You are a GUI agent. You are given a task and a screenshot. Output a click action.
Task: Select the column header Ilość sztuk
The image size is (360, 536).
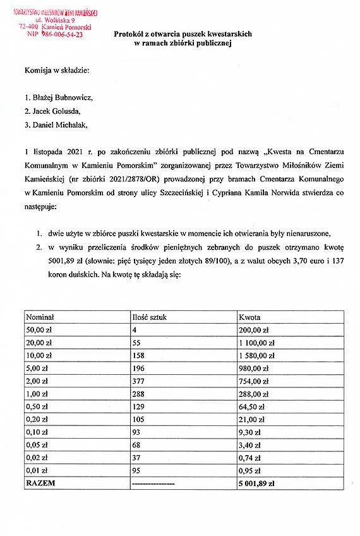(148, 317)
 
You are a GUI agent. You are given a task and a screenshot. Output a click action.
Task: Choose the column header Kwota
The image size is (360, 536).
(249, 317)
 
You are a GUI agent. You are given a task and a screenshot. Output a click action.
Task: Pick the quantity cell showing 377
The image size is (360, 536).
(138, 382)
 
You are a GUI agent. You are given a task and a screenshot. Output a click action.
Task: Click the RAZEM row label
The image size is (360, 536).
(40, 484)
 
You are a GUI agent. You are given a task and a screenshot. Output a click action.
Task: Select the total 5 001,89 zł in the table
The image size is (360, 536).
(256, 484)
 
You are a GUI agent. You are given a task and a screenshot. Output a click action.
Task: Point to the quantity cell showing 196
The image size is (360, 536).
(138, 368)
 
